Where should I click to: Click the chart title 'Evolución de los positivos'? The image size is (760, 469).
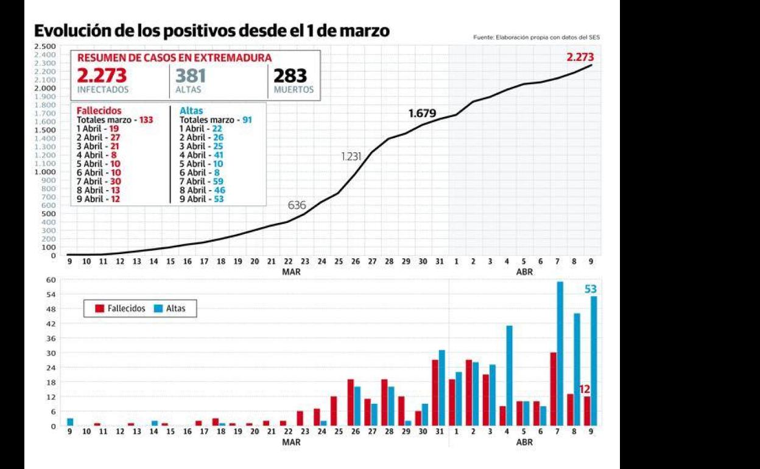pyautogui.click(x=211, y=30)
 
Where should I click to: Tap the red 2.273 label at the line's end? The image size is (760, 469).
pyautogui.click(x=579, y=57)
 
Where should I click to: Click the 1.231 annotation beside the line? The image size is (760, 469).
pyautogui.click(x=351, y=157)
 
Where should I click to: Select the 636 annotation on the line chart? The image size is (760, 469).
pyautogui.click(x=297, y=205)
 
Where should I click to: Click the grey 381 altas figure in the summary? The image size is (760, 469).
pyautogui.click(x=191, y=76)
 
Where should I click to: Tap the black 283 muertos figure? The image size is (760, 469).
pyautogui.click(x=290, y=76)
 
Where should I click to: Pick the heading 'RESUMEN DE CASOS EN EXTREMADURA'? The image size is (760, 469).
pyautogui.click(x=174, y=58)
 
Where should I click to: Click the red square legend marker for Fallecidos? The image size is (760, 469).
pyautogui.click(x=99, y=309)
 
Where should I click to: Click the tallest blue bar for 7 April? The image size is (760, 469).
pyautogui.click(x=560, y=353)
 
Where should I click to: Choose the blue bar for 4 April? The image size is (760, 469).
pyautogui.click(x=509, y=375)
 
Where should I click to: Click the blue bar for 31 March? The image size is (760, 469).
pyautogui.click(x=442, y=387)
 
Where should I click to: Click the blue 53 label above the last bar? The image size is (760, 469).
pyautogui.click(x=590, y=289)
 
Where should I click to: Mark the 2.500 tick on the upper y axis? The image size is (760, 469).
pyautogui.click(x=45, y=46)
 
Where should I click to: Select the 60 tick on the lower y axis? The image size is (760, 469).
pyautogui.click(x=52, y=280)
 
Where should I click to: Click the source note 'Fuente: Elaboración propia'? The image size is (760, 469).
pyautogui.click(x=536, y=38)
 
